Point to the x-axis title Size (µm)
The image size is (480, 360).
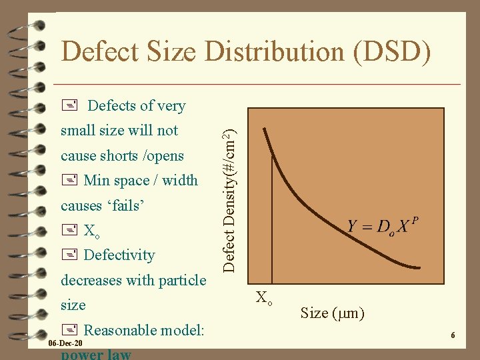click(x=332, y=313)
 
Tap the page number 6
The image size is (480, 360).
click(x=453, y=335)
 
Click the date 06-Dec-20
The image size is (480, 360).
click(x=65, y=343)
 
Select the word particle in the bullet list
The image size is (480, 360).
click(x=179, y=281)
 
